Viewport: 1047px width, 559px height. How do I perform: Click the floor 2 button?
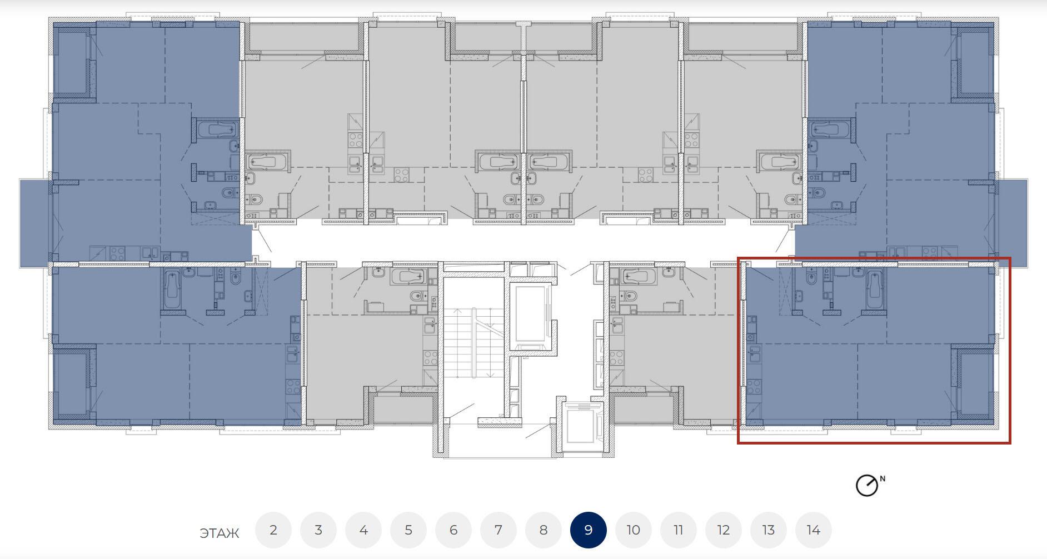pyautogui.click(x=273, y=530)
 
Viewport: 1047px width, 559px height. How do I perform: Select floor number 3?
pyautogui.click(x=318, y=530)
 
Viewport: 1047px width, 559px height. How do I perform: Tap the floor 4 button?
pyautogui.click(x=363, y=530)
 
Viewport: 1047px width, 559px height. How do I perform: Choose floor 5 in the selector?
pyautogui.click(x=408, y=530)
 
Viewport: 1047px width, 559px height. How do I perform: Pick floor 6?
pyautogui.click(x=453, y=530)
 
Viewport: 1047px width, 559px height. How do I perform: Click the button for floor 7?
pyautogui.click(x=498, y=530)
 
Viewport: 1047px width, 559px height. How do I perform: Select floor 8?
pyautogui.click(x=544, y=530)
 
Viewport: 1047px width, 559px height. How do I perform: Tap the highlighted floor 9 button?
pyautogui.click(x=589, y=530)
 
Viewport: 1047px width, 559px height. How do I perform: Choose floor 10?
pyautogui.click(x=634, y=530)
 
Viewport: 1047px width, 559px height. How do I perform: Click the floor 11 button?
pyautogui.click(x=679, y=530)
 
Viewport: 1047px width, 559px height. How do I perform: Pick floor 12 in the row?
pyautogui.click(x=724, y=530)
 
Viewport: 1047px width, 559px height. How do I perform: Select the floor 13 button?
pyautogui.click(x=769, y=530)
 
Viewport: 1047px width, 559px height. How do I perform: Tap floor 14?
pyautogui.click(x=814, y=530)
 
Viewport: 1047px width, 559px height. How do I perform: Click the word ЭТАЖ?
pyautogui.click(x=220, y=533)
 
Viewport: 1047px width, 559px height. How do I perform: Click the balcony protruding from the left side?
pyautogui.click(x=36, y=223)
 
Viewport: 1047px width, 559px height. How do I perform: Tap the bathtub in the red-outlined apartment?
pyautogui.click(x=874, y=290)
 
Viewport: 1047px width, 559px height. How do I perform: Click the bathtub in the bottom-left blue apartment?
pyautogui.click(x=172, y=290)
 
